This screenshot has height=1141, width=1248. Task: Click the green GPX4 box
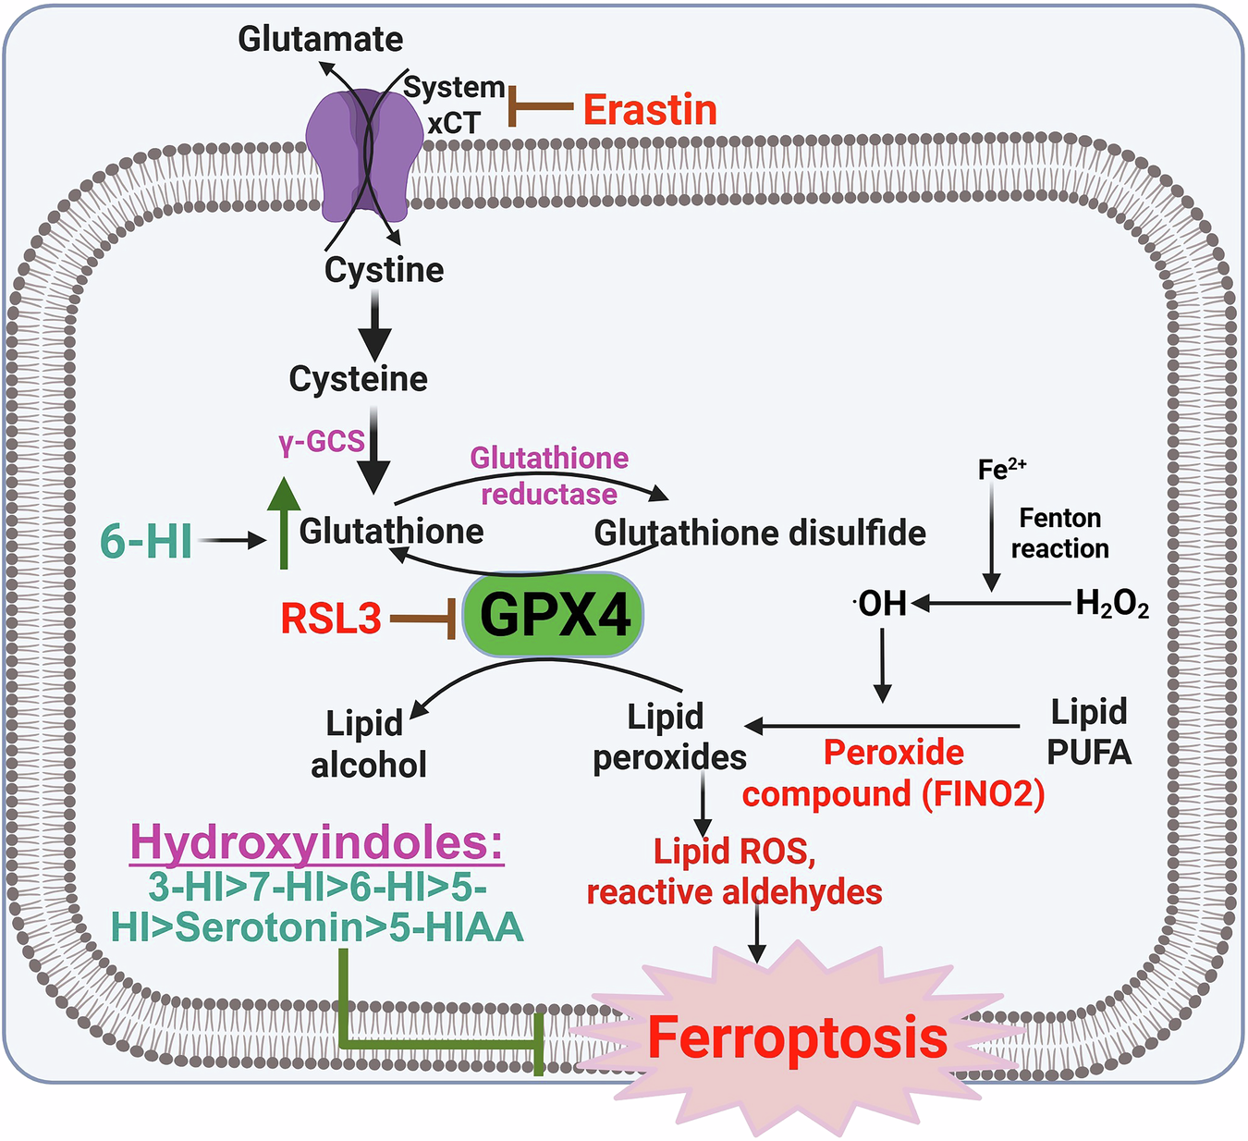[x=553, y=615]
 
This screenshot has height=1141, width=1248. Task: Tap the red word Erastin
[x=650, y=110]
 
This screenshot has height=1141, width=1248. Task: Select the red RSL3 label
[x=331, y=619]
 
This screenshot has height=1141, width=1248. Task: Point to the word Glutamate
[x=320, y=39]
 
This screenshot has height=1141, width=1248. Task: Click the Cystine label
[x=384, y=270]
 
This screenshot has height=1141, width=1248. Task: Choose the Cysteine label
[x=359, y=378]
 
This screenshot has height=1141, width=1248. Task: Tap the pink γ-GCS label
[x=322, y=442]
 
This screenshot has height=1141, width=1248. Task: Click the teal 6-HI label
[x=146, y=541]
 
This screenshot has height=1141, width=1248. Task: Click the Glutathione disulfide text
[x=760, y=534]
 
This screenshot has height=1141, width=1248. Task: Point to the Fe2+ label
[x=1001, y=469]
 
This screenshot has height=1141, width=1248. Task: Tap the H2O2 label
[x=1112, y=605]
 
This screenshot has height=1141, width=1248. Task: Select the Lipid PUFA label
[x=1089, y=731]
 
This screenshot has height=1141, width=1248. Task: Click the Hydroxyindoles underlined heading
[x=317, y=842]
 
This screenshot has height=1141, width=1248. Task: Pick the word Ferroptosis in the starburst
[x=797, y=1037]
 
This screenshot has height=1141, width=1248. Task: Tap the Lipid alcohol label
[x=368, y=743]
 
